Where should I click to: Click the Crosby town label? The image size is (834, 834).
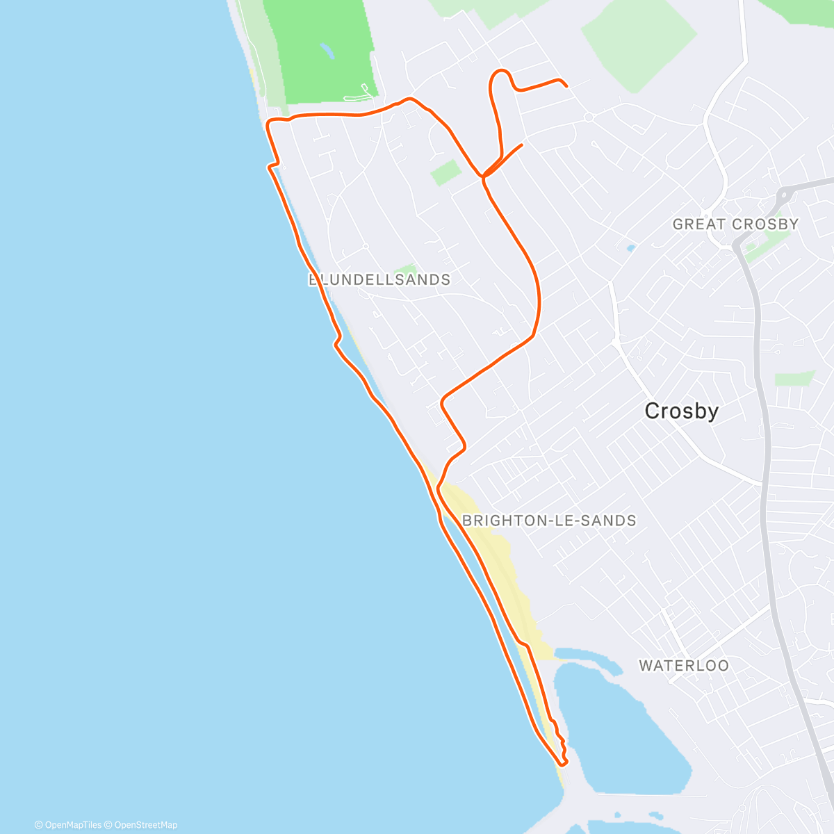tap(681, 411)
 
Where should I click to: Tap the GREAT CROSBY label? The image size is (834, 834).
tap(735, 224)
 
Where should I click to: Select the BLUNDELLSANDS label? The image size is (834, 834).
tap(379, 280)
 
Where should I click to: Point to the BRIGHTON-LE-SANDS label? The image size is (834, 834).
tap(549, 521)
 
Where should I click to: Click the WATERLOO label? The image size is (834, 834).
tap(684, 666)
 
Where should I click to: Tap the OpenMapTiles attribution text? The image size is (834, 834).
tap(67, 825)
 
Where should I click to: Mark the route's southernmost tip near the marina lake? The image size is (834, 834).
tap(562, 764)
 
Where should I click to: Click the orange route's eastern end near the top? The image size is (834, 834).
tap(566, 85)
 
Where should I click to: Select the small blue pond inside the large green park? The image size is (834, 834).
tap(325, 50)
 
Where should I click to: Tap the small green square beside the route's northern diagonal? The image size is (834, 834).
tap(445, 172)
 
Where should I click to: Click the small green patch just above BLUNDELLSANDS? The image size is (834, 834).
tap(406, 270)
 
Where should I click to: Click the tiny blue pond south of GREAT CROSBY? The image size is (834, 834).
tap(630, 247)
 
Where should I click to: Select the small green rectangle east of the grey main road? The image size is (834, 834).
tap(794, 379)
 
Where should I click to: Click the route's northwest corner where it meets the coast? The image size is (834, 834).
tap(270, 123)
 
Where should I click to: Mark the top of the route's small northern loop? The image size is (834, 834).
tap(500, 71)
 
